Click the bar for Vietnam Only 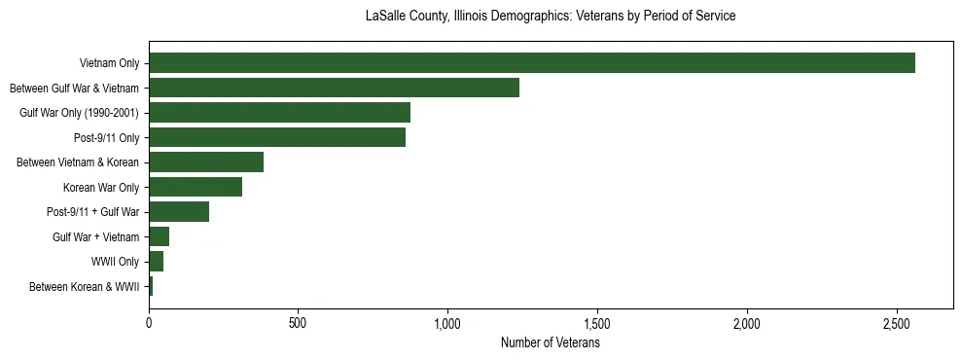[532, 63]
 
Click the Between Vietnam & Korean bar [206, 162]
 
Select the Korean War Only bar [196, 187]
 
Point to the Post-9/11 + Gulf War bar [179, 212]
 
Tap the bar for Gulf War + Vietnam [159, 236]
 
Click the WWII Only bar [156, 262]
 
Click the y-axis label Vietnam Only [109, 64]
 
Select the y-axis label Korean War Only [101, 188]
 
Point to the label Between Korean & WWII [85, 287]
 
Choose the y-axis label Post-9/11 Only [106, 138]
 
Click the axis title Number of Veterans [550, 342]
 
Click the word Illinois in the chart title [476, 17]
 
